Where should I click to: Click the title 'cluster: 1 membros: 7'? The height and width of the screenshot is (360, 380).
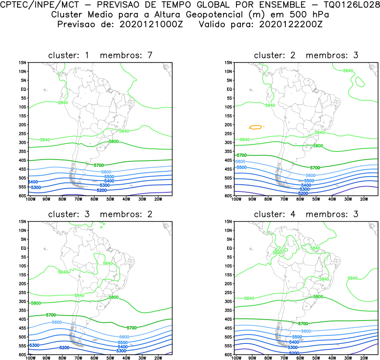100,55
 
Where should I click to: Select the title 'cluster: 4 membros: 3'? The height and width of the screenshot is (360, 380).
306,214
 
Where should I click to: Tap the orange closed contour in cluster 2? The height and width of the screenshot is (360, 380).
255,127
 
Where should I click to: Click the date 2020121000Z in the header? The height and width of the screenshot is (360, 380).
152,24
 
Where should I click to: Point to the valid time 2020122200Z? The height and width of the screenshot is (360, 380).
291,24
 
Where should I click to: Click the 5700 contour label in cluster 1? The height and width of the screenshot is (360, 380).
99,165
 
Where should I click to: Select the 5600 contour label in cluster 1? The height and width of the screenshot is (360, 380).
106,172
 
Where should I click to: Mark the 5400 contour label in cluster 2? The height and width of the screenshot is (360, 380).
306,185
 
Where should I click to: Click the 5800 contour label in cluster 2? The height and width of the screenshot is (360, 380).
318,146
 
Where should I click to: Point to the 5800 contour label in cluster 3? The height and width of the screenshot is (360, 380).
113,297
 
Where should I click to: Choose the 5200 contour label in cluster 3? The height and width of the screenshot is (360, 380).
64,348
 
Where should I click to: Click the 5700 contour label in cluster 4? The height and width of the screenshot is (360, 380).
303,324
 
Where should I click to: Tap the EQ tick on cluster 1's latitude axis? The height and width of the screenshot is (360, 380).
24,89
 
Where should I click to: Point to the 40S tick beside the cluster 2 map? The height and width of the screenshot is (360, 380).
228,160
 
